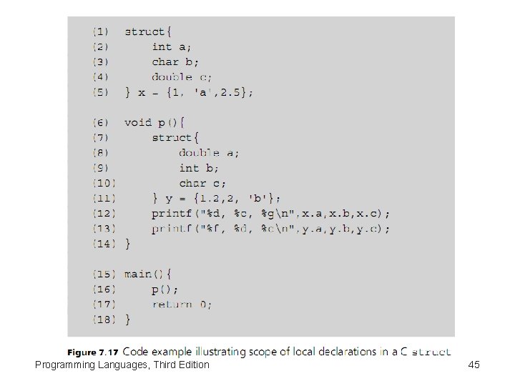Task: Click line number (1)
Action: coord(100,31)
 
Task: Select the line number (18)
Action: coord(102,320)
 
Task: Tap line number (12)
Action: coord(102,214)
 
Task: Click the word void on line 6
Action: coord(138,122)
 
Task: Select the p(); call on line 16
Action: coord(165,289)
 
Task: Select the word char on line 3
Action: coord(165,61)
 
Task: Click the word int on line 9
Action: coord(189,168)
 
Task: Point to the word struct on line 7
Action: coord(172,137)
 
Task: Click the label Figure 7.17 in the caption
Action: coord(94,352)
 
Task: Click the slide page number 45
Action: coord(474,365)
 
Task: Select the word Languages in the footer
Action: coord(122,365)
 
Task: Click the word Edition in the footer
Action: coord(191,365)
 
